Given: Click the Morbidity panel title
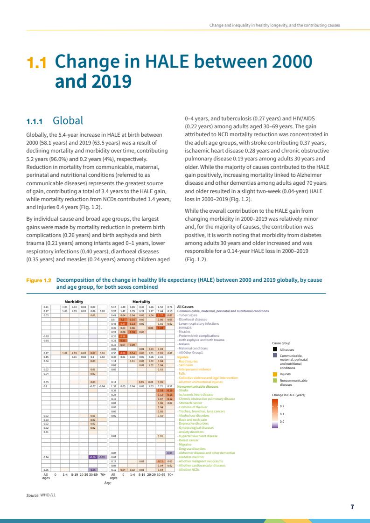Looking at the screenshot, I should click(x=74, y=302).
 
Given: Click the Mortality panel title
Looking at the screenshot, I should click(x=141, y=302).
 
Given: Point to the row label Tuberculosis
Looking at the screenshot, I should click(x=189, y=315).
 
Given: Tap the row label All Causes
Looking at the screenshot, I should click(x=186, y=307).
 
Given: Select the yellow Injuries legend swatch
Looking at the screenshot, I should click(x=275, y=374).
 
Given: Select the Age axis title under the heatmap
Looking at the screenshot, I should click(x=107, y=483).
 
